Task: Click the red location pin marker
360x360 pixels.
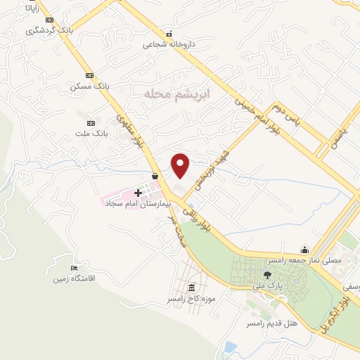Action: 181,165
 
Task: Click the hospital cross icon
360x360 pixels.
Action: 138,192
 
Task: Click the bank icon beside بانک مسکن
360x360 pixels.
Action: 89,75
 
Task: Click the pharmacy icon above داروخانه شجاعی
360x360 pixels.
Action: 168,33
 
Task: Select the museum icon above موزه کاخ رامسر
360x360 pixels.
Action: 192,287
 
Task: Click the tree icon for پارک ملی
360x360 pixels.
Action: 266,274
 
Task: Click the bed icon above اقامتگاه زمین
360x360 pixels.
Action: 75,268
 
